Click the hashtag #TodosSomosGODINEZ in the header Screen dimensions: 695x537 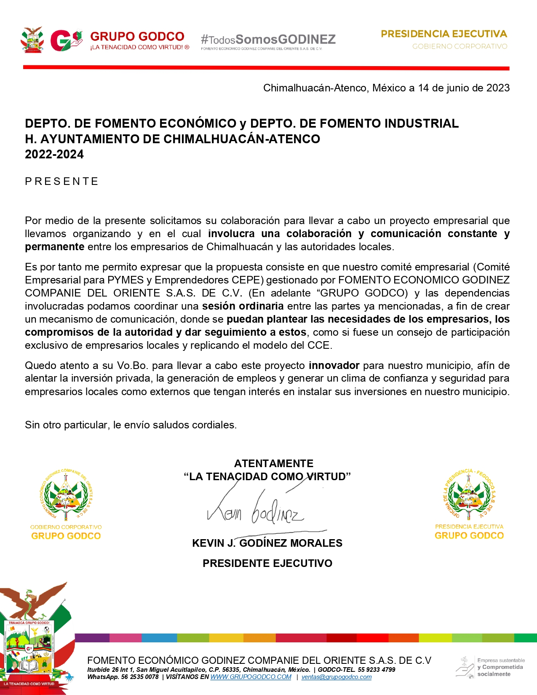click(x=268, y=40)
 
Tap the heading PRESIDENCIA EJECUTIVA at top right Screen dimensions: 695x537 click(x=444, y=34)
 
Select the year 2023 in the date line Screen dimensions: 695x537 click(x=498, y=88)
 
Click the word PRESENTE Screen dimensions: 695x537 click(x=61, y=182)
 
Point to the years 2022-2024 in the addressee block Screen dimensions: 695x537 click(x=54, y=155)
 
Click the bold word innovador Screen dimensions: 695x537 click(x=334, y=365)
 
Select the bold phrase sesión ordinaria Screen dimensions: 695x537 click(x=243, y=306)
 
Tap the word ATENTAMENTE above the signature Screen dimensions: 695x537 click(x=273, y=463)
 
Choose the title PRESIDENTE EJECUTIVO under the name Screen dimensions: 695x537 click(x=267, y=563)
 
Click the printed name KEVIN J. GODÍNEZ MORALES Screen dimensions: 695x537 click(x=267, y=543)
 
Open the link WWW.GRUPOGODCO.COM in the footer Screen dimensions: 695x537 click(x=251, y=677)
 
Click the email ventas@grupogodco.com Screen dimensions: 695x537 click(x=337, y=677)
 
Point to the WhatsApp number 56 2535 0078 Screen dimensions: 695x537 click(x=140, y=677)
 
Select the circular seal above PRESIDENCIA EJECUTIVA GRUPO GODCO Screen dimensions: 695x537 click(x=469, y=494)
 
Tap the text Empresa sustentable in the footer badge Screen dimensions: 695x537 click(x=501, y=660)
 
